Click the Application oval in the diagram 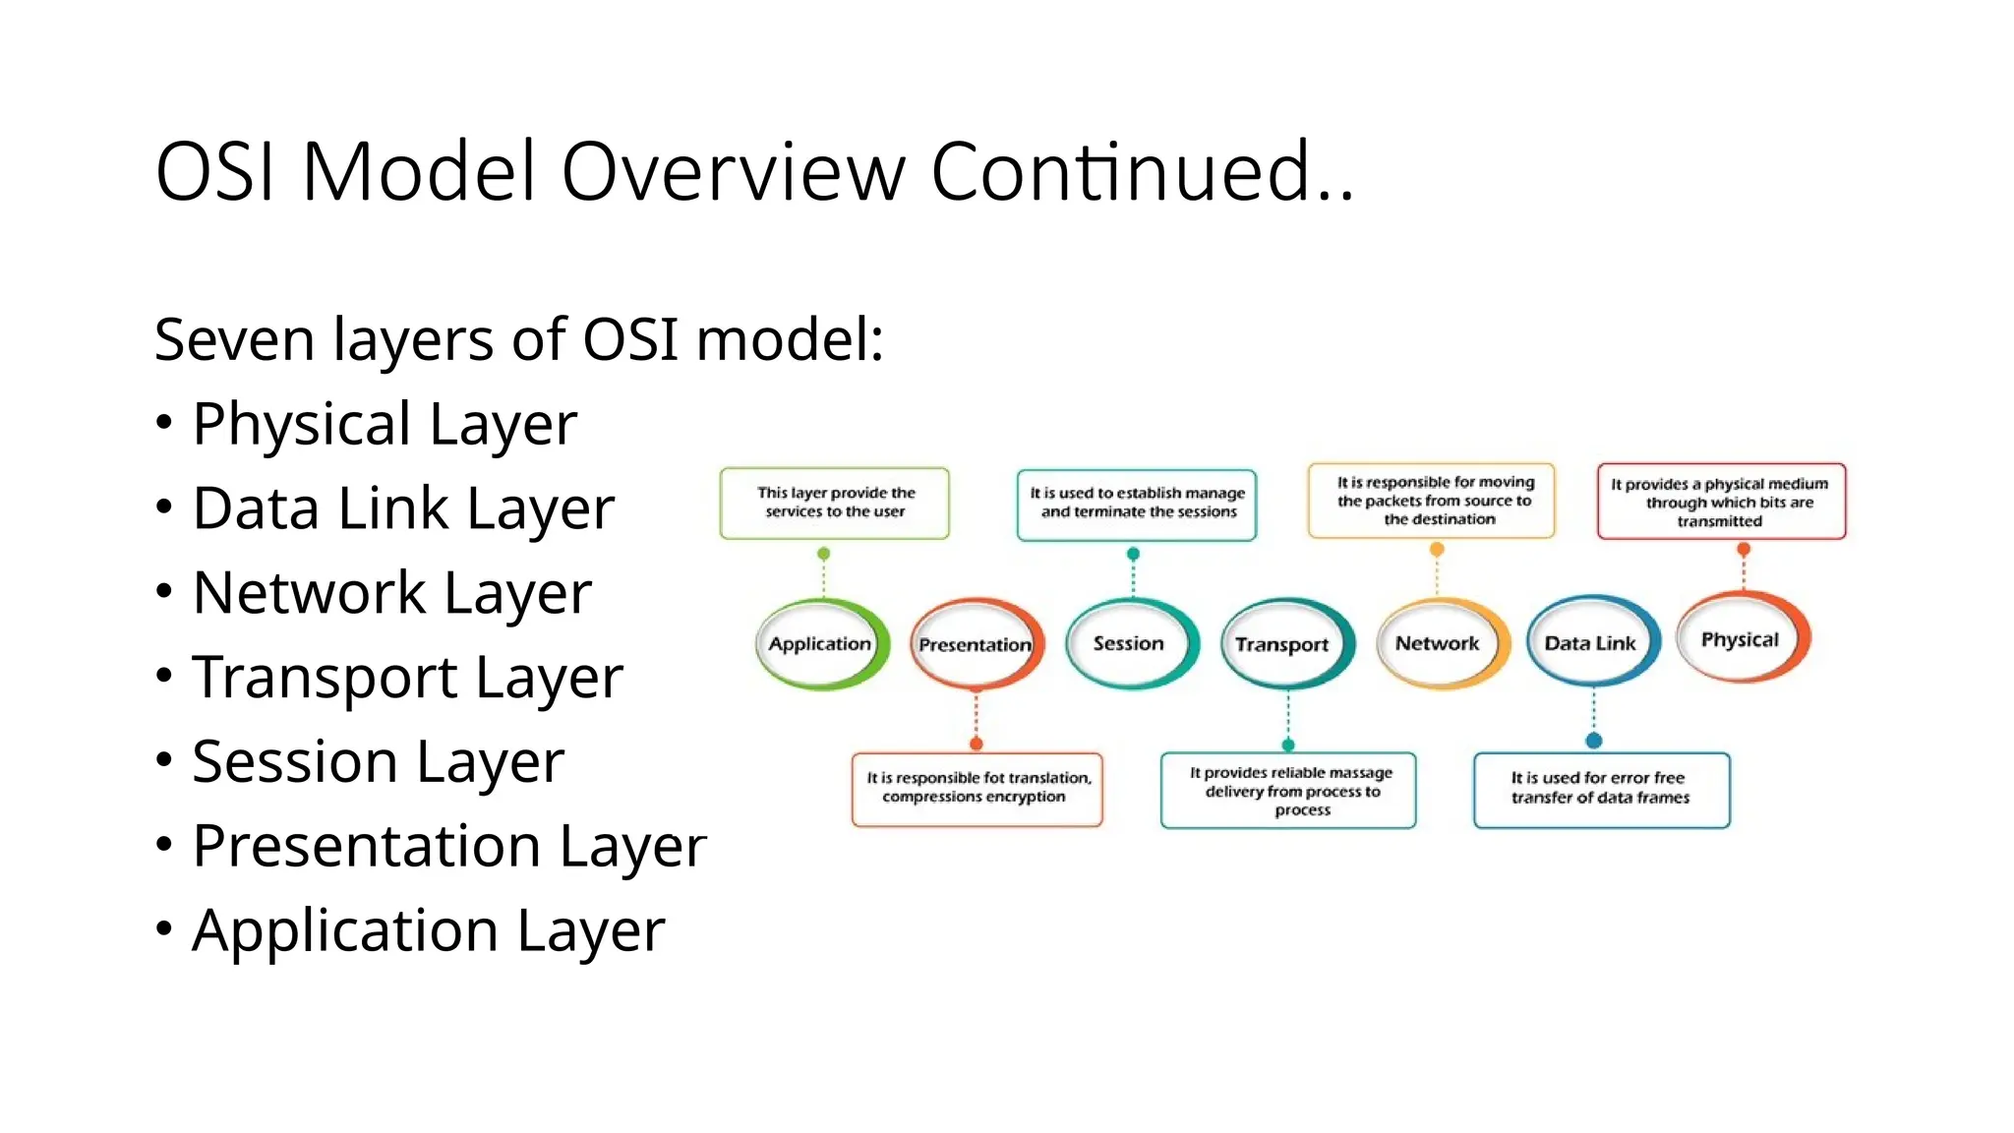tap(820, 644)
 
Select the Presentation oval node tap(975, 645)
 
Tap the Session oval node tap(1129, 644)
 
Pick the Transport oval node tap(1282, 645)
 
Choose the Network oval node tap(1437, 644)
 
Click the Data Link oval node tap(1590, 644)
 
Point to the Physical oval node tap(1741, 640)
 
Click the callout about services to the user tap(835, 503)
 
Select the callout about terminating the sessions tap(1137, 504)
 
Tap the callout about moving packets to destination tap(1433, 501)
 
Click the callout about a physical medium tap(1721, 502)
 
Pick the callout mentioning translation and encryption tap(977, 788)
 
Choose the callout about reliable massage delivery tap(1288, 791)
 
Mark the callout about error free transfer tap(1601, 789)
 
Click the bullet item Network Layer tap(391, 593)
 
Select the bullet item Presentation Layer tap(448, 847)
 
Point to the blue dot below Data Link tap(1594, 741)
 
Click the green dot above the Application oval tap(824, 554)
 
